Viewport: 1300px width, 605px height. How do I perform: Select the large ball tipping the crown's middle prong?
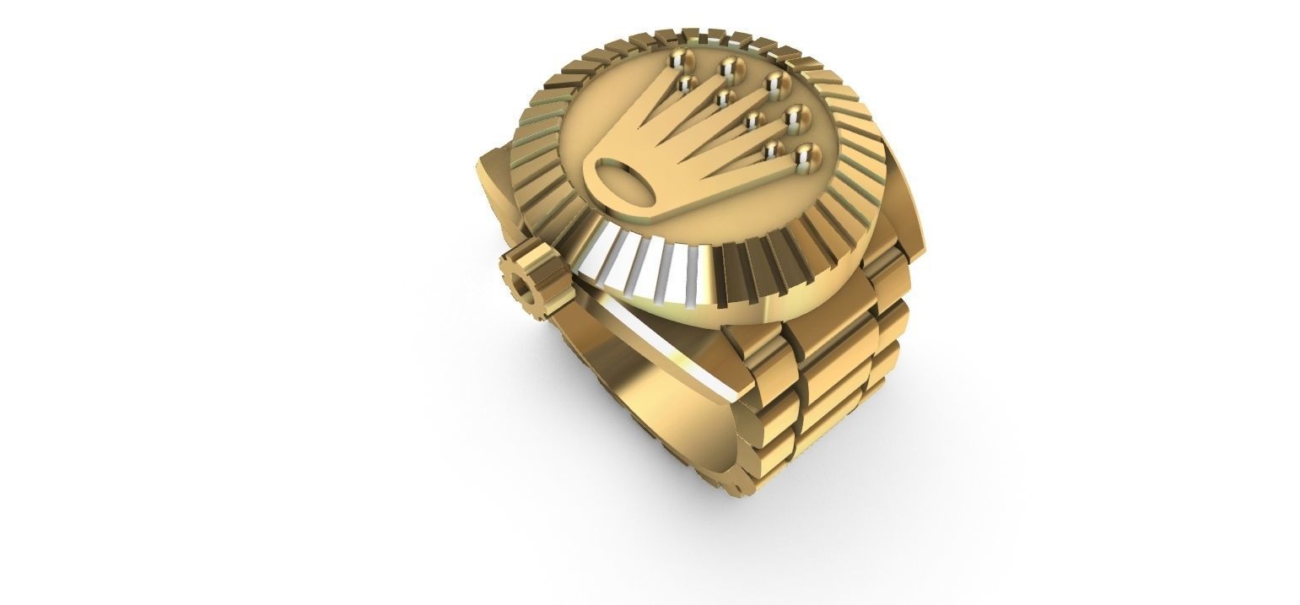coord(774,83)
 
